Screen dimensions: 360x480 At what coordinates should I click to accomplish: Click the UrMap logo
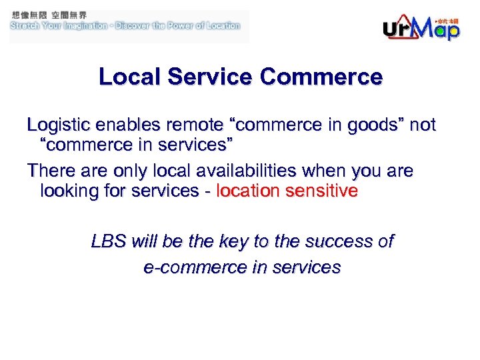(x=421, y=27)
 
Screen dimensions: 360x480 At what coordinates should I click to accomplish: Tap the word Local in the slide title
(x=129, y=77)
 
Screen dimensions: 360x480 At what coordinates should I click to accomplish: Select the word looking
(x=66, y=191)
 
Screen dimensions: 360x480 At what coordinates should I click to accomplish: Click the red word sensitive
(x=321, y=191)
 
